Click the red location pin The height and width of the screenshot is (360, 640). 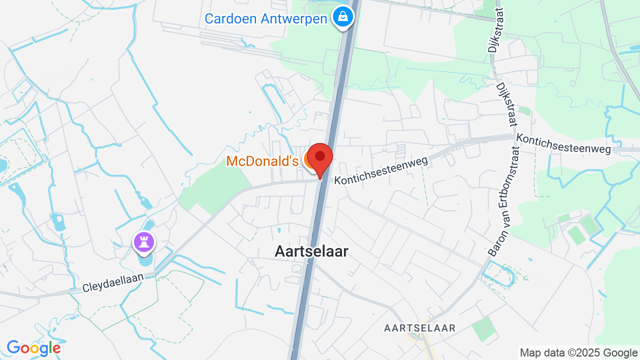pos(320,158)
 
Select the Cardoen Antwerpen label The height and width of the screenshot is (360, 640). pos(266,19)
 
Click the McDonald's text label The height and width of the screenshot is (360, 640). pos(262,161)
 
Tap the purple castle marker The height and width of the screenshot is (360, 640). pos(144,242)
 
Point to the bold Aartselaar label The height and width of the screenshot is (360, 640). pos(311,251)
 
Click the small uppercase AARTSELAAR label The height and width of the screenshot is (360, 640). pos(419,328)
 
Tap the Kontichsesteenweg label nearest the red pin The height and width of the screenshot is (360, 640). pos(381,170)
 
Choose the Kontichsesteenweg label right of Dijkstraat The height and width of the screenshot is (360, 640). pos(563,143)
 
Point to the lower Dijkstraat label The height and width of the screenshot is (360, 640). pos(507,105)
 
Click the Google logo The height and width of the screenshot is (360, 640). pos(33,348)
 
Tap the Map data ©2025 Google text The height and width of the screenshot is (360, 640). pos(578,352)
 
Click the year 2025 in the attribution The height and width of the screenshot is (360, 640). pos(581,352)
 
